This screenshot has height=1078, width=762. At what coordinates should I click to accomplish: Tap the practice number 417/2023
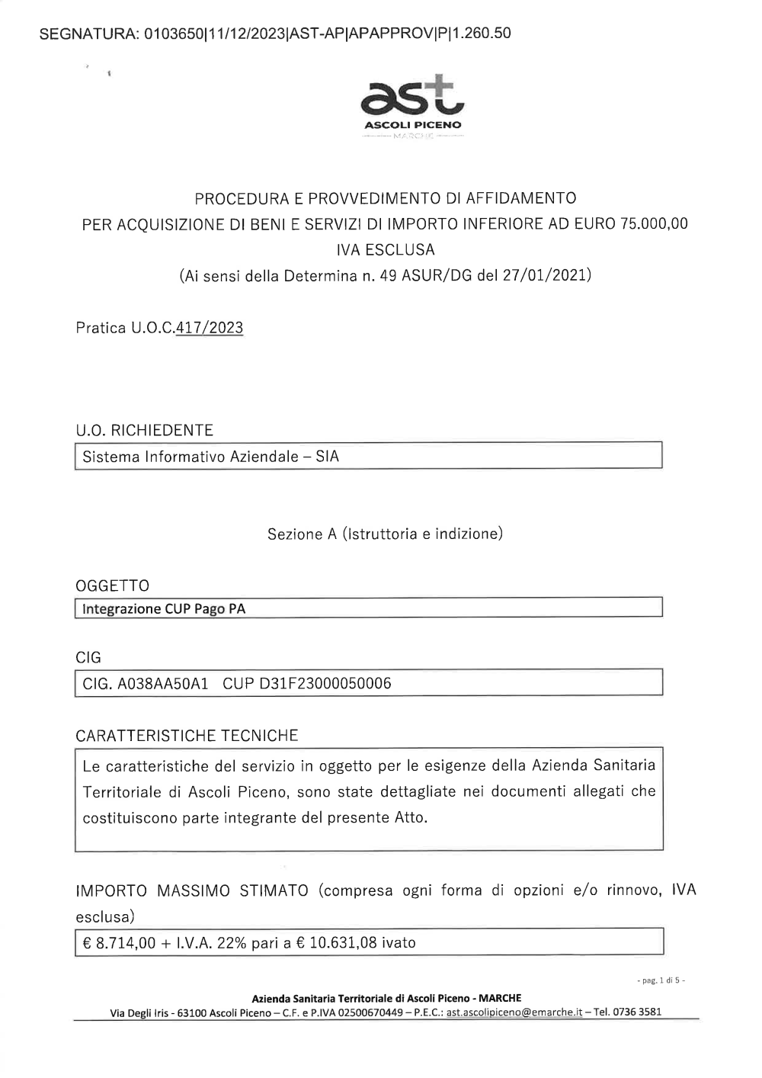(209, 329)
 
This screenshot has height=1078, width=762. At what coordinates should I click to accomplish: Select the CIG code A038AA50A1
(162, 684)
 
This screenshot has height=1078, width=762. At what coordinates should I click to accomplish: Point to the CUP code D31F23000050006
(325, 684)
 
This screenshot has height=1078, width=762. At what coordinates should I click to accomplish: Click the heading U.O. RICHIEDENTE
(144, 431)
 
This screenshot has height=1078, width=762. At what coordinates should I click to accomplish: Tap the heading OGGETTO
(112, 586)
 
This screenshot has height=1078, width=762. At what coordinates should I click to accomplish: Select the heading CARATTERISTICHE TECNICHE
(187, 736)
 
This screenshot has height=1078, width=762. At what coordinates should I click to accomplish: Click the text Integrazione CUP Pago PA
(164, 610)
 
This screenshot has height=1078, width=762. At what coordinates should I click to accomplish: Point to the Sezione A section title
(385, 534)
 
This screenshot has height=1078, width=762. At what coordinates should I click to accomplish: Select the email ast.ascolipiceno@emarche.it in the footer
(514, 1012)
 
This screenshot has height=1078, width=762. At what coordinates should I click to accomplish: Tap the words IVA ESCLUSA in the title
(385, 250)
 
